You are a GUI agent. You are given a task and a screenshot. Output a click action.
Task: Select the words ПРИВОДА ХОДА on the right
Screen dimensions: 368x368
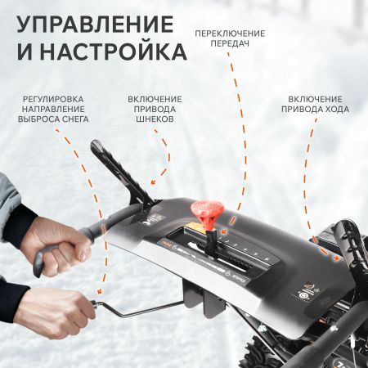click(x=315, y=109)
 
